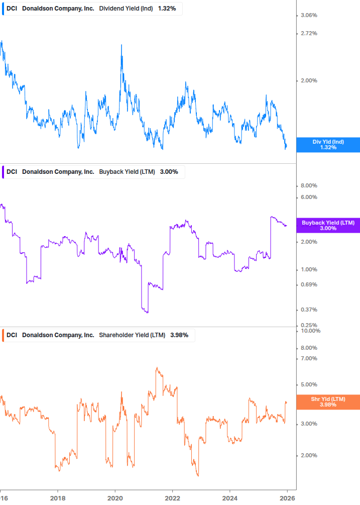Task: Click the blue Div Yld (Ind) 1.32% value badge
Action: [327, 145]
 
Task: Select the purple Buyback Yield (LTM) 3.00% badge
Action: [327, 225]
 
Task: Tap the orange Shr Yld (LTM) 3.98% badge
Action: [327, 401]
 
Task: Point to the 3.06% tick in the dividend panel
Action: [308, 16]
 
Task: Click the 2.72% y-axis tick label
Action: [308, 34]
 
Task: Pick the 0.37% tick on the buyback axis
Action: [308, 310]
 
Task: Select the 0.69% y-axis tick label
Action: [308, 285]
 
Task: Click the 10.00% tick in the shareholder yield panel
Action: [309, 331]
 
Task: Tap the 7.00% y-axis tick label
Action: [308, 359]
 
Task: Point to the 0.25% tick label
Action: [308, 325]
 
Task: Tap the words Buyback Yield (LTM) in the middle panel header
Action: [128, 172]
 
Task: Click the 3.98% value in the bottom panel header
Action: [179, 335]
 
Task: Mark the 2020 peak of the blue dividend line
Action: [122, 45]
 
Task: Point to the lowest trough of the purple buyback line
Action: [147, 313]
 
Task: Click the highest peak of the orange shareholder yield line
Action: [157, 368]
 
